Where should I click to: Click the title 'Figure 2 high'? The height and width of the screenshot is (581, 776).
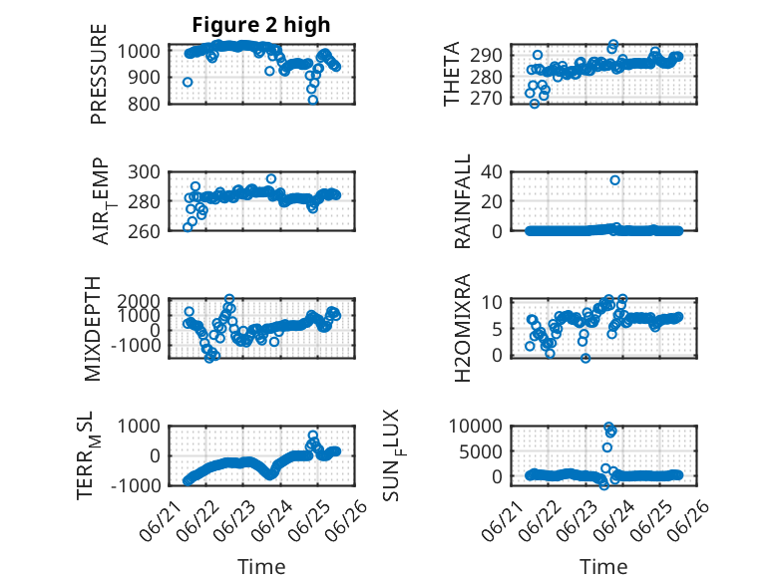(x=260, y=25)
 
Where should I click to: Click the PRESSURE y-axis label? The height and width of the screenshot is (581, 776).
(x=99, y=74)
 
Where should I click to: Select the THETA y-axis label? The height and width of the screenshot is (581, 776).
(x=452, y=74)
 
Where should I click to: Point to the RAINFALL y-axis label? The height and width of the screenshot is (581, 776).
(x=462, y=201)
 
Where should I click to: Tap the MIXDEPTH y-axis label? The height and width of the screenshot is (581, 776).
(x=93, y=329)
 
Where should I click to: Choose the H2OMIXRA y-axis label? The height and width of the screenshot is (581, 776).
(x=462, y=328)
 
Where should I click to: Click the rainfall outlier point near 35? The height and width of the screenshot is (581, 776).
(x=614, y=180)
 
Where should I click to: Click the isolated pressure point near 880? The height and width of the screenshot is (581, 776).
(x=188, y=82)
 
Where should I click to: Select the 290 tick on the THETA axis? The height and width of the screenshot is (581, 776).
(x=486, y=56)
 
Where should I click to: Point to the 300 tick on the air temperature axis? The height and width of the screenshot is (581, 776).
(x=145, y=172)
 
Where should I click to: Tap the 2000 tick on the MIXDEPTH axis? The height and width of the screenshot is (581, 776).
(x=139, y=301)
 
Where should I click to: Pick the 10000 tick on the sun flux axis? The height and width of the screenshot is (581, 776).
(x=476, y=426)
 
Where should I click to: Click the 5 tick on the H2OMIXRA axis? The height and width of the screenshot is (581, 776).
(x=497, y=329)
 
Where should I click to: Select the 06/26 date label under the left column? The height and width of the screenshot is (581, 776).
(x=351, y=515)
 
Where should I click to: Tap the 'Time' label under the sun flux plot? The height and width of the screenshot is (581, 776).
(x=603, y=567)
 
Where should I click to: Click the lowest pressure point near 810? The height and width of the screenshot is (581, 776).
(x=313, y=101)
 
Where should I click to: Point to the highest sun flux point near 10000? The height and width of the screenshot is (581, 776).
(x=608, y=427)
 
